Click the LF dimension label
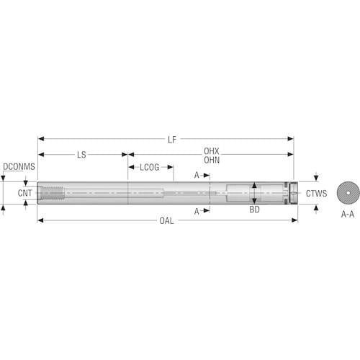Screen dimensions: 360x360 tap(172, 140)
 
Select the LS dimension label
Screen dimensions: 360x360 tap(81, 155)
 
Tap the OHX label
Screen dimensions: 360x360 tap(212, 151)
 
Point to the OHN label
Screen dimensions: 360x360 tap(212, 160)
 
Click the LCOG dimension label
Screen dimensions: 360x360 tap(150, 167)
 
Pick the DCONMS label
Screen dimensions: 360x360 tap(19, 166)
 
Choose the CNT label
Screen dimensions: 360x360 tap(24, 193)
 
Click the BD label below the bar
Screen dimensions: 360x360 tap(254, 210)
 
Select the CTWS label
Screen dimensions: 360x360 tap(316, 194)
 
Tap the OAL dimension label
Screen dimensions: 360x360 tap(166, 221)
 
